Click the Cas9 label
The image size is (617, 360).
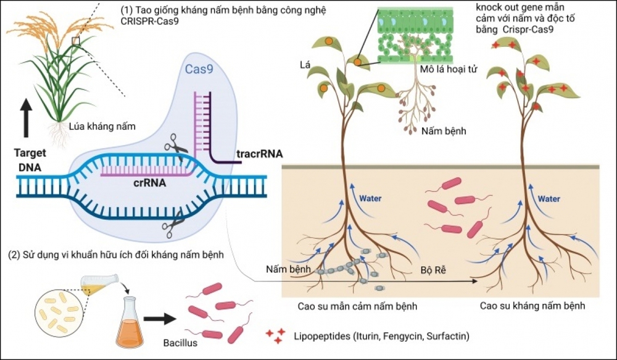pos(199,69)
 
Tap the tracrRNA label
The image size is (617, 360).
pos(260,154)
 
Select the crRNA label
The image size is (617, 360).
pos(150,183)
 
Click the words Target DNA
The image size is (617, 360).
pos(30,160)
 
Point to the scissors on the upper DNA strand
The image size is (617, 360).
pos(176,148)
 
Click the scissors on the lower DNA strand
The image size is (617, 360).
pos(173,225)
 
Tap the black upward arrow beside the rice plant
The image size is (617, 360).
pos(27,118)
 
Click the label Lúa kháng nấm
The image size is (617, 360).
pos(102,127)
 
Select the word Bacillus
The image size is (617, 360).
pos(180,343)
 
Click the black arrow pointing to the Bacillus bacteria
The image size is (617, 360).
pos(160,319)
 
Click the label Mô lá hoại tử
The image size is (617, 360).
pos(449,69)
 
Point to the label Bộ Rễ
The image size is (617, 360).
pos(433,270)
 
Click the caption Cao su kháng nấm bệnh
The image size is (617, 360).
pos(532,306)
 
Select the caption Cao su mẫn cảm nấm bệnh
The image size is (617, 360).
pos(357,306)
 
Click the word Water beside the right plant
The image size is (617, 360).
pos(549,199)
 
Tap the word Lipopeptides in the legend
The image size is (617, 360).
pos(322,337)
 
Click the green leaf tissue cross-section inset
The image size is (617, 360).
pos(415,35)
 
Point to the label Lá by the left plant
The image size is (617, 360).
pos(305,65)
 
